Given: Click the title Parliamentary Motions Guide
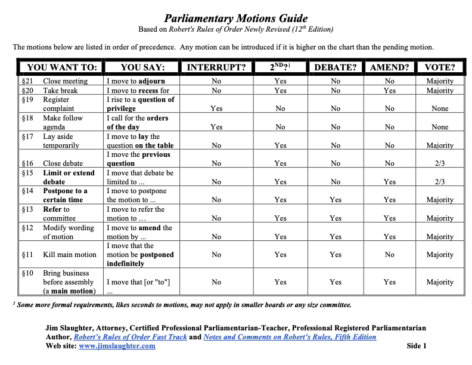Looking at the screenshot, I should coord(236,18).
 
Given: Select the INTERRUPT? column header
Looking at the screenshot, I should coord(216,67).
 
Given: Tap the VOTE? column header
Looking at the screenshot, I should coord(440,67).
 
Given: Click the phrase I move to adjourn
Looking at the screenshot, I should coord(136,81).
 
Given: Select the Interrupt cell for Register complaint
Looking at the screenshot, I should coord(216,109).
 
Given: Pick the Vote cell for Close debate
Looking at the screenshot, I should coord(440,163).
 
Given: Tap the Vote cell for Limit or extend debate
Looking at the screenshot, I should coord(440,182).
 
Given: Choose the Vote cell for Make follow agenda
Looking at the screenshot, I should coord(440,127).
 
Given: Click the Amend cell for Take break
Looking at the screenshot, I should coord(389,91).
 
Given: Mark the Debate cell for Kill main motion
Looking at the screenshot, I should coord(336,255).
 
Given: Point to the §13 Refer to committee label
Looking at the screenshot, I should coord(57,214).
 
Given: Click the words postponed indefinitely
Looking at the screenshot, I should coord(141,259).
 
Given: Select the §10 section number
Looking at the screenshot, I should coord(27,273).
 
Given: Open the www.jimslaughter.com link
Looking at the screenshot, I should coord(117,346).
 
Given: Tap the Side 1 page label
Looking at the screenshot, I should coord(417,346).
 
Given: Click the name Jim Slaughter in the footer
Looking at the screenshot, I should coord(69,328).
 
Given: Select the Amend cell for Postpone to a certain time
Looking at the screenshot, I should coord(389,200).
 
